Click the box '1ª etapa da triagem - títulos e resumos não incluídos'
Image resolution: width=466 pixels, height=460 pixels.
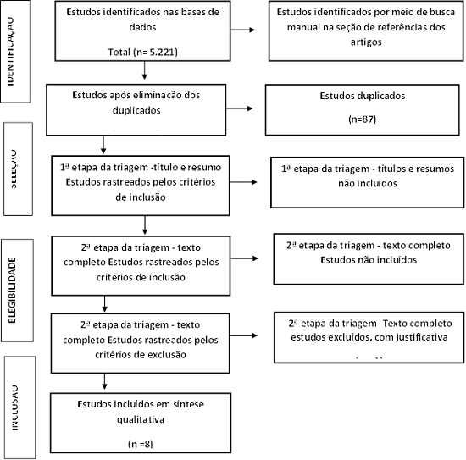[x=364, y=180]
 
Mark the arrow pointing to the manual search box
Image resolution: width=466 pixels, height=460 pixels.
[x=248, y=31]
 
